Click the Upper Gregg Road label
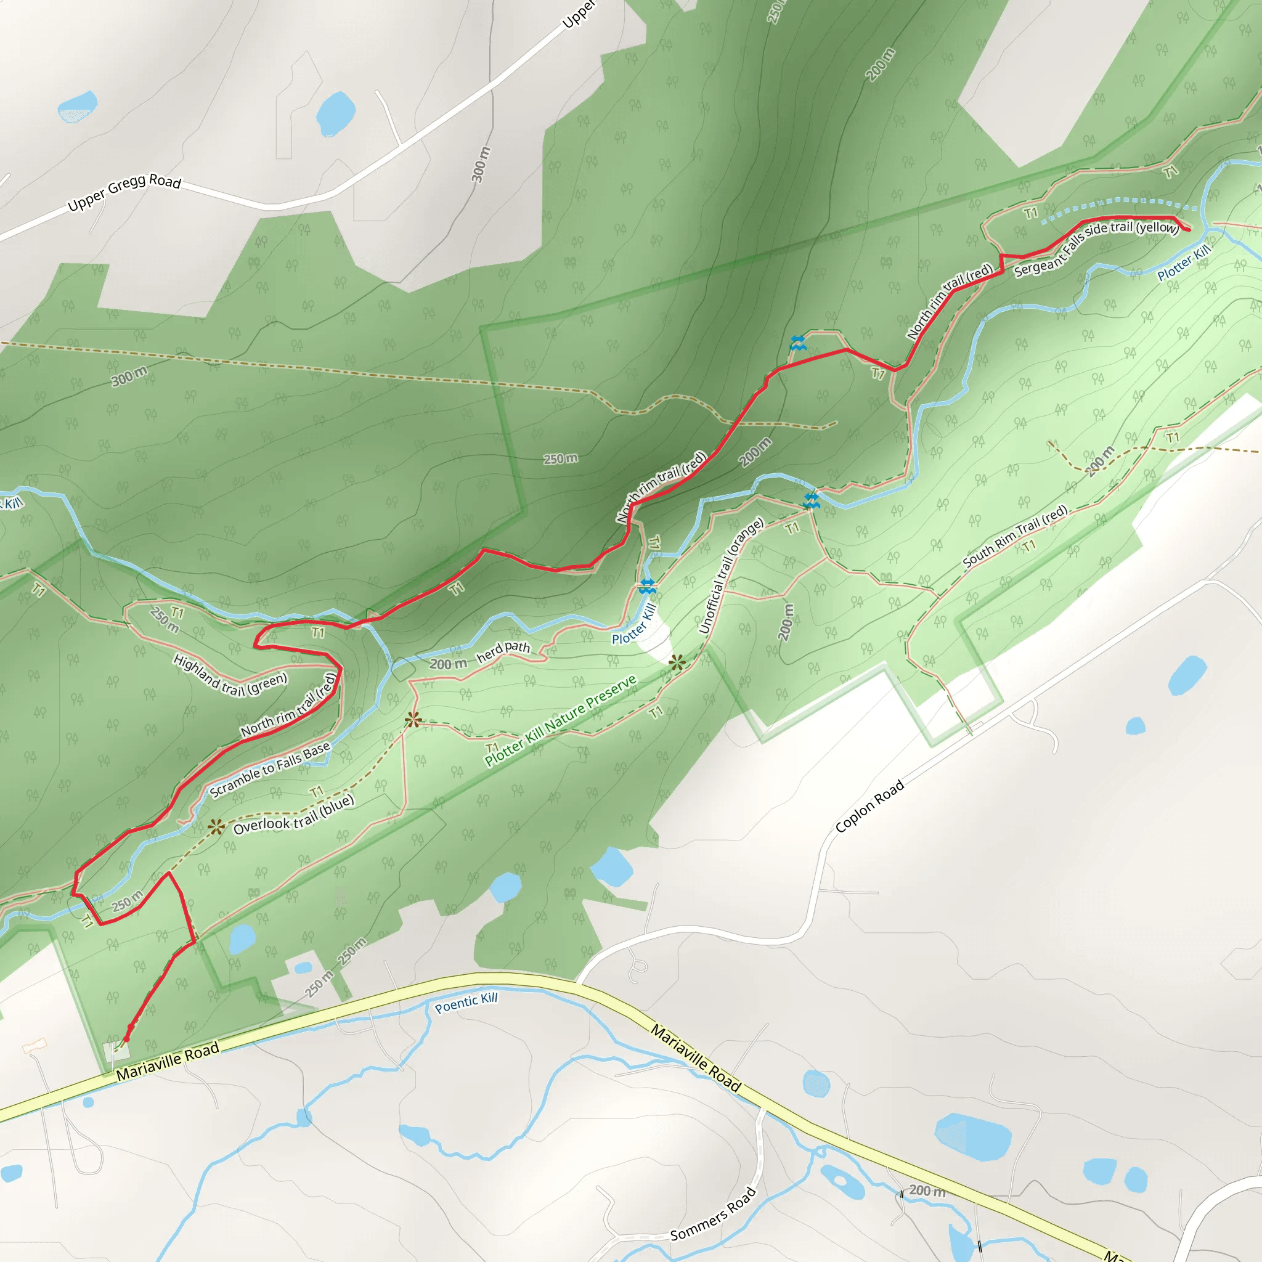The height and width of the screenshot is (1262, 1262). (x=124, y=193)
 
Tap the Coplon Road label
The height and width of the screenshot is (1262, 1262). (x=869, y=806)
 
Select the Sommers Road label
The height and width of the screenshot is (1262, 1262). (x=714, y=1214)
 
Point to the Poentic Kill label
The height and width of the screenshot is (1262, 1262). (x=466, y=1002)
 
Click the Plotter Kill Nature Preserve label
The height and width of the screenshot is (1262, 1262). (x=561, y=720)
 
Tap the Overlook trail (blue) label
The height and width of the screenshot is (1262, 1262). (x=293, y=815)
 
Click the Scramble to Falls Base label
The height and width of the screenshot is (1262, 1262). (x=270, y=771)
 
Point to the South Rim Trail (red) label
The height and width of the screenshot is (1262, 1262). (x=1015, y=535)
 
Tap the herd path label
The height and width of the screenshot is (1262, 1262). (x=503, y=651)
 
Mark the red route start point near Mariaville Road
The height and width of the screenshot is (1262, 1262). (x=127, y=1036)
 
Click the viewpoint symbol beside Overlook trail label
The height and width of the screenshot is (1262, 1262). (x=216, y=828)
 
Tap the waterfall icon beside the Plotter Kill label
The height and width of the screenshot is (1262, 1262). (x=646, y=586)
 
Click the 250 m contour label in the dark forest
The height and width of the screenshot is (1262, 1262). (x=561, y=458)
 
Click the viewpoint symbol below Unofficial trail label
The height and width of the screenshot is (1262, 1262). (x=677, y=663)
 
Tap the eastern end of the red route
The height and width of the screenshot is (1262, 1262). (x=1188, y=229)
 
